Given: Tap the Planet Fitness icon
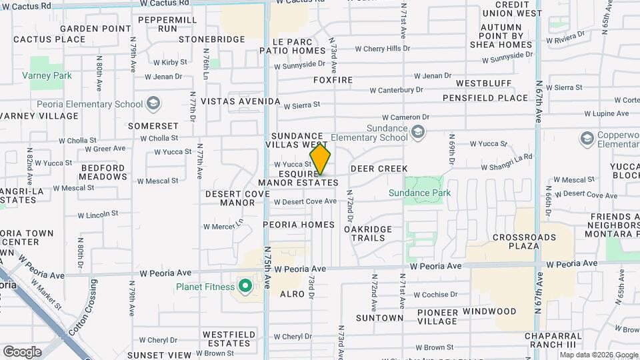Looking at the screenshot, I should click(245, 287).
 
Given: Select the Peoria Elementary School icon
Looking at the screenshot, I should click(154, 104).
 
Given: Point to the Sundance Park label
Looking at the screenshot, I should click(420, 193).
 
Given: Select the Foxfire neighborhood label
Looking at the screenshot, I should click(333, 80).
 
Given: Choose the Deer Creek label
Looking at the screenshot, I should click(379, 169).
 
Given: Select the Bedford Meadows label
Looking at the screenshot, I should click(103, 172).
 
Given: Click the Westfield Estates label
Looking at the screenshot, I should click(226, 339).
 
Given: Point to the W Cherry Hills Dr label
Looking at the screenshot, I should click(382, 49).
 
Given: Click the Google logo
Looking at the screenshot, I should click(22, 351).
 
